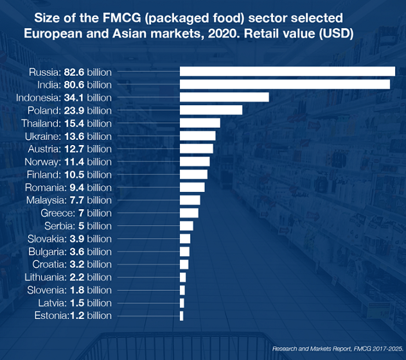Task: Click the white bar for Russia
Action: tap(287, 71)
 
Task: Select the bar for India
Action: tap(285, 84)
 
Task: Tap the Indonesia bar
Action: tap(224, 97)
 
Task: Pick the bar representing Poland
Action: tap(211, 110)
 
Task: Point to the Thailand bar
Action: tap(200, 123)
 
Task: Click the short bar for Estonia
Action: tap(182, 316)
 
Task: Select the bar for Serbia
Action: tap(186, 225)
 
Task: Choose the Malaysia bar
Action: tap(190, 200)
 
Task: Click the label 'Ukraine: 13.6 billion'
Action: tap(68, 136)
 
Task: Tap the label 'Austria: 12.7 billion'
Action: tap(69, 149)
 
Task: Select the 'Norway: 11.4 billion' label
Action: tap(68, 162)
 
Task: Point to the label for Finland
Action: tap(69, 175)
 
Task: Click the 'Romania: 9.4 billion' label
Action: tap(68, 187)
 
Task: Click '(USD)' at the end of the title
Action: tap(335, 33)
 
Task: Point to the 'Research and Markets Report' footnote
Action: tap(315, 347)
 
